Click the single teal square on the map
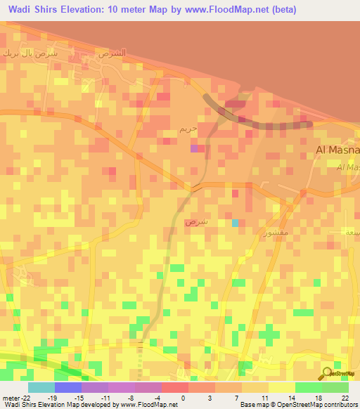(236, 223)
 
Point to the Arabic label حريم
(188, 130)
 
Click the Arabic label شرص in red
(195, 222)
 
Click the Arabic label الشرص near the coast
(112, 53)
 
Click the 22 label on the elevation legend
(344, 397)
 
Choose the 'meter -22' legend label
(16, 397)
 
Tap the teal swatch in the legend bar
(41, 387)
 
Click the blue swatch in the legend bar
(67, 387)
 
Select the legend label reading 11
(263, 397)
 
